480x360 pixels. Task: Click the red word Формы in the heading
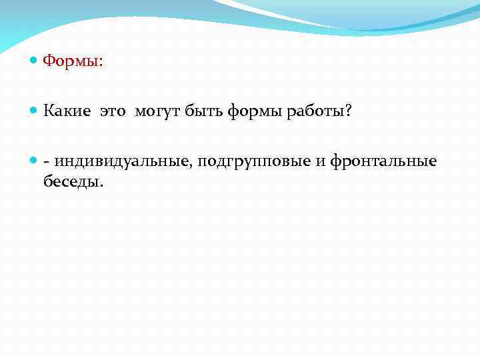click(71, 61)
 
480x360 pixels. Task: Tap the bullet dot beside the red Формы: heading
click(34, 61)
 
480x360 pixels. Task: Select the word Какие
click(68, 111)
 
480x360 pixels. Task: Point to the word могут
click(156, 112)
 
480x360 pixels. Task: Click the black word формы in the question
click(253, 112)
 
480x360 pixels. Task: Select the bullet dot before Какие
click(34, 111)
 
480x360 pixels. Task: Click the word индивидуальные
click(124, 162)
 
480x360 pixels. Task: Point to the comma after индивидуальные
click(194, 167)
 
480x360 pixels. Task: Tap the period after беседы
click(102, 186)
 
